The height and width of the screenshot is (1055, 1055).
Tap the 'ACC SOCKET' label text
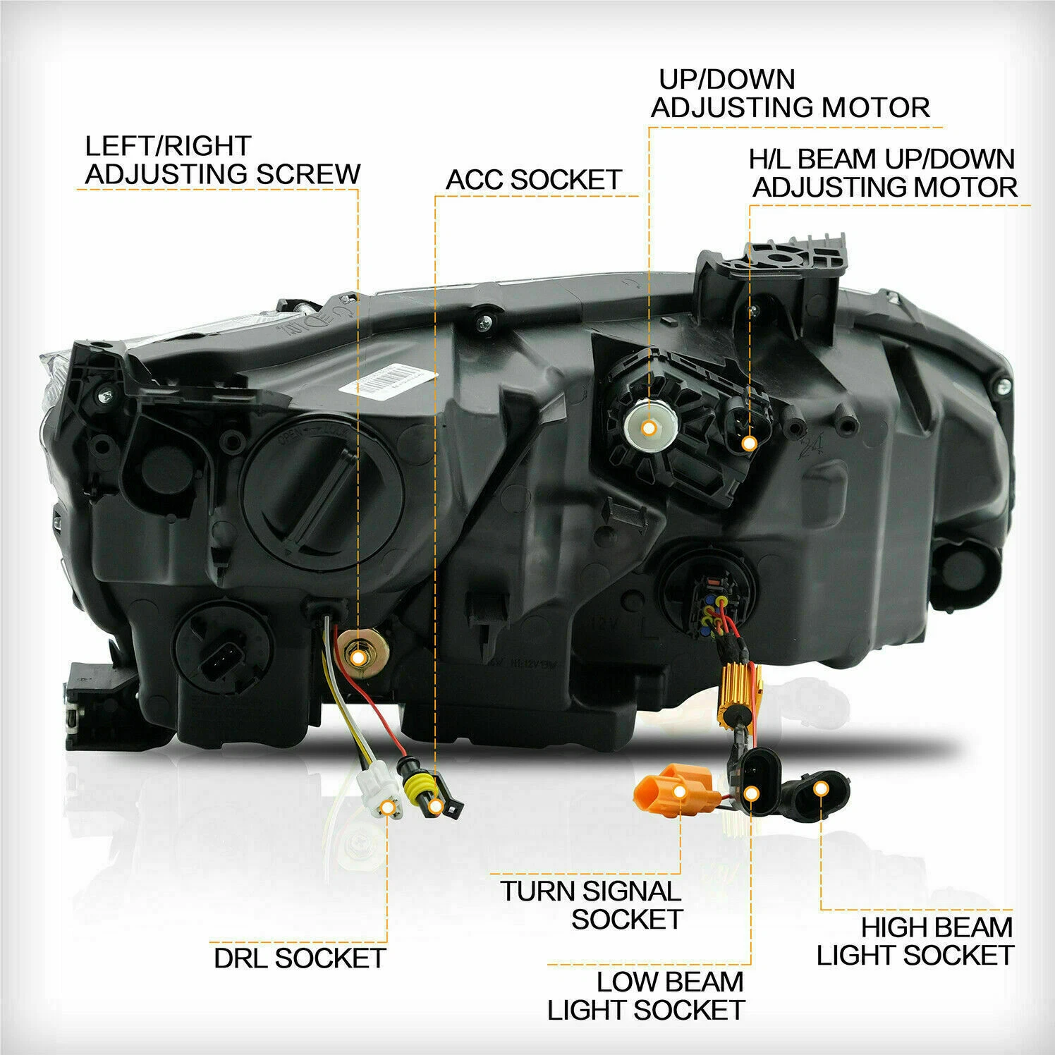[534, 180]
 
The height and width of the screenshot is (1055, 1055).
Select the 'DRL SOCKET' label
[300, 958]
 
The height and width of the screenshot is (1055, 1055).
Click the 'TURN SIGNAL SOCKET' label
[592, 905]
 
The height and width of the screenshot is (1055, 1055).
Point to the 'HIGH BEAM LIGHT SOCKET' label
[915, 941]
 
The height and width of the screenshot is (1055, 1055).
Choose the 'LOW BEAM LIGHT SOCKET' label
[646, 996]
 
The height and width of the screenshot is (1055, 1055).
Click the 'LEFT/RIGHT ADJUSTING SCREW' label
[223, 160]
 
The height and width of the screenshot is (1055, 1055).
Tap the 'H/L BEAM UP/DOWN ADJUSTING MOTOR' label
[884, 173]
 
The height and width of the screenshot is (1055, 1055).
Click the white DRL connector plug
[378, 795]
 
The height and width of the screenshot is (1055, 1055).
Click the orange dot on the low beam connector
[752, 794]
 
